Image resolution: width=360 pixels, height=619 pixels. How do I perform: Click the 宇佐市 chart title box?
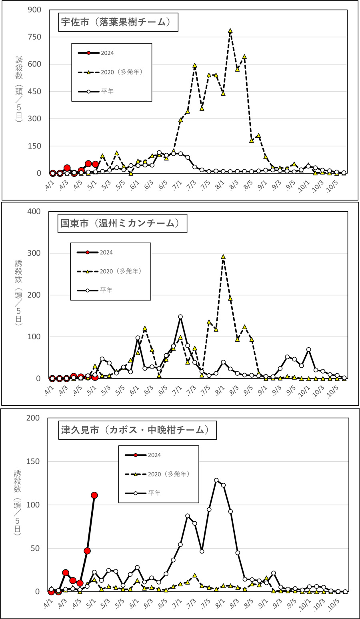coord(116,22)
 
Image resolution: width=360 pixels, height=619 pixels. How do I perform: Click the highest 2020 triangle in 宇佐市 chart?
coord(230,31)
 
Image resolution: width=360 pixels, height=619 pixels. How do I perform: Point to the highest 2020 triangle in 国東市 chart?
coord(223,257)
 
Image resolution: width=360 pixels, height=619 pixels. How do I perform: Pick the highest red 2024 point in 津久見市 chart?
coord(94,495)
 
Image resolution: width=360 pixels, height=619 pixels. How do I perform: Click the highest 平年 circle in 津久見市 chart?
coord(216,480)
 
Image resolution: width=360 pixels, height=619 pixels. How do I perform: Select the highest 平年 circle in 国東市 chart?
coord(180,317)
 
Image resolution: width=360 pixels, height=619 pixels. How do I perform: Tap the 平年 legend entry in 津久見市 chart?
coord(154,493)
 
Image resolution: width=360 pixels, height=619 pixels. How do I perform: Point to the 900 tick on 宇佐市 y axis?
coord(34,10)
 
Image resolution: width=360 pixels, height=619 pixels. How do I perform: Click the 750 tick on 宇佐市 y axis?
coord(34,37)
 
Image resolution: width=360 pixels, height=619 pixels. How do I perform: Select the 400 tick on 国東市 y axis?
coord(34,211)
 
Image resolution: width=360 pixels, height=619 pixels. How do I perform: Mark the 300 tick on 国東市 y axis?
coord(34,253)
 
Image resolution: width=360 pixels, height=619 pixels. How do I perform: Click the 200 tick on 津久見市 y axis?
coord(33,418)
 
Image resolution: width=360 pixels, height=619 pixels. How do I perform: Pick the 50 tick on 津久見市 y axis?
coord(35,548)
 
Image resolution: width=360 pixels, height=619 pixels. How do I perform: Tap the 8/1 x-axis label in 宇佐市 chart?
coord(220,186)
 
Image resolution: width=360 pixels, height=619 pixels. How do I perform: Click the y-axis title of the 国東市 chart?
coord(18,292)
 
